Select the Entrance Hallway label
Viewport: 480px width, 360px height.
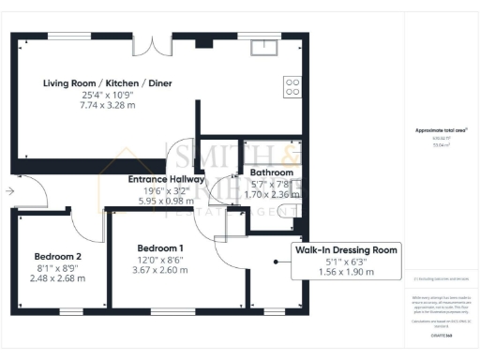click(x=168, y=178)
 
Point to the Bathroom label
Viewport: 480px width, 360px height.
click(x=271, y=172)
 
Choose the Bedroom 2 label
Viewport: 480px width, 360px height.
click(x=58, y=256)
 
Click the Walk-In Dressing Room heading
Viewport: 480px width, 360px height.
click(x=346, y=249)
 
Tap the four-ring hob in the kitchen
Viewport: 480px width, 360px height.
click(x=292, y=86)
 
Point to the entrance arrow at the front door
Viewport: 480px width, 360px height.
click(x=8, y=190)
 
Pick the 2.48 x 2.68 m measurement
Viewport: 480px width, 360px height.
click(x=58, y=277)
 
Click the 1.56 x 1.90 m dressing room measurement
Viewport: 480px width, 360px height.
click(x=346, y=272)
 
